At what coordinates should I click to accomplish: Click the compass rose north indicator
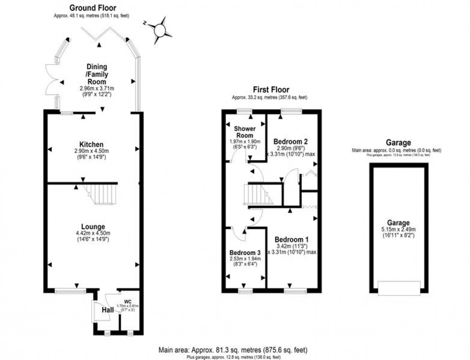[160, 29]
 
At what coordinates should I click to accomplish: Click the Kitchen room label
[92, 144]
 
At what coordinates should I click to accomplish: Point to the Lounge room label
[93, 227]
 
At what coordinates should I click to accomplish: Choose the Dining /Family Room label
[97, 74]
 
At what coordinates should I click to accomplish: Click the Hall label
[107, 311]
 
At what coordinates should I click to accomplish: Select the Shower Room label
[245, 132]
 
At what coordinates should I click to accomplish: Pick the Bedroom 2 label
[290, 141]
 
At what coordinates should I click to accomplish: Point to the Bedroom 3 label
[245, 253]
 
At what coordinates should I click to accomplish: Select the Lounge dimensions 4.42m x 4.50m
[93, 234]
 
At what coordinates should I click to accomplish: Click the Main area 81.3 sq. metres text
[235, 349]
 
